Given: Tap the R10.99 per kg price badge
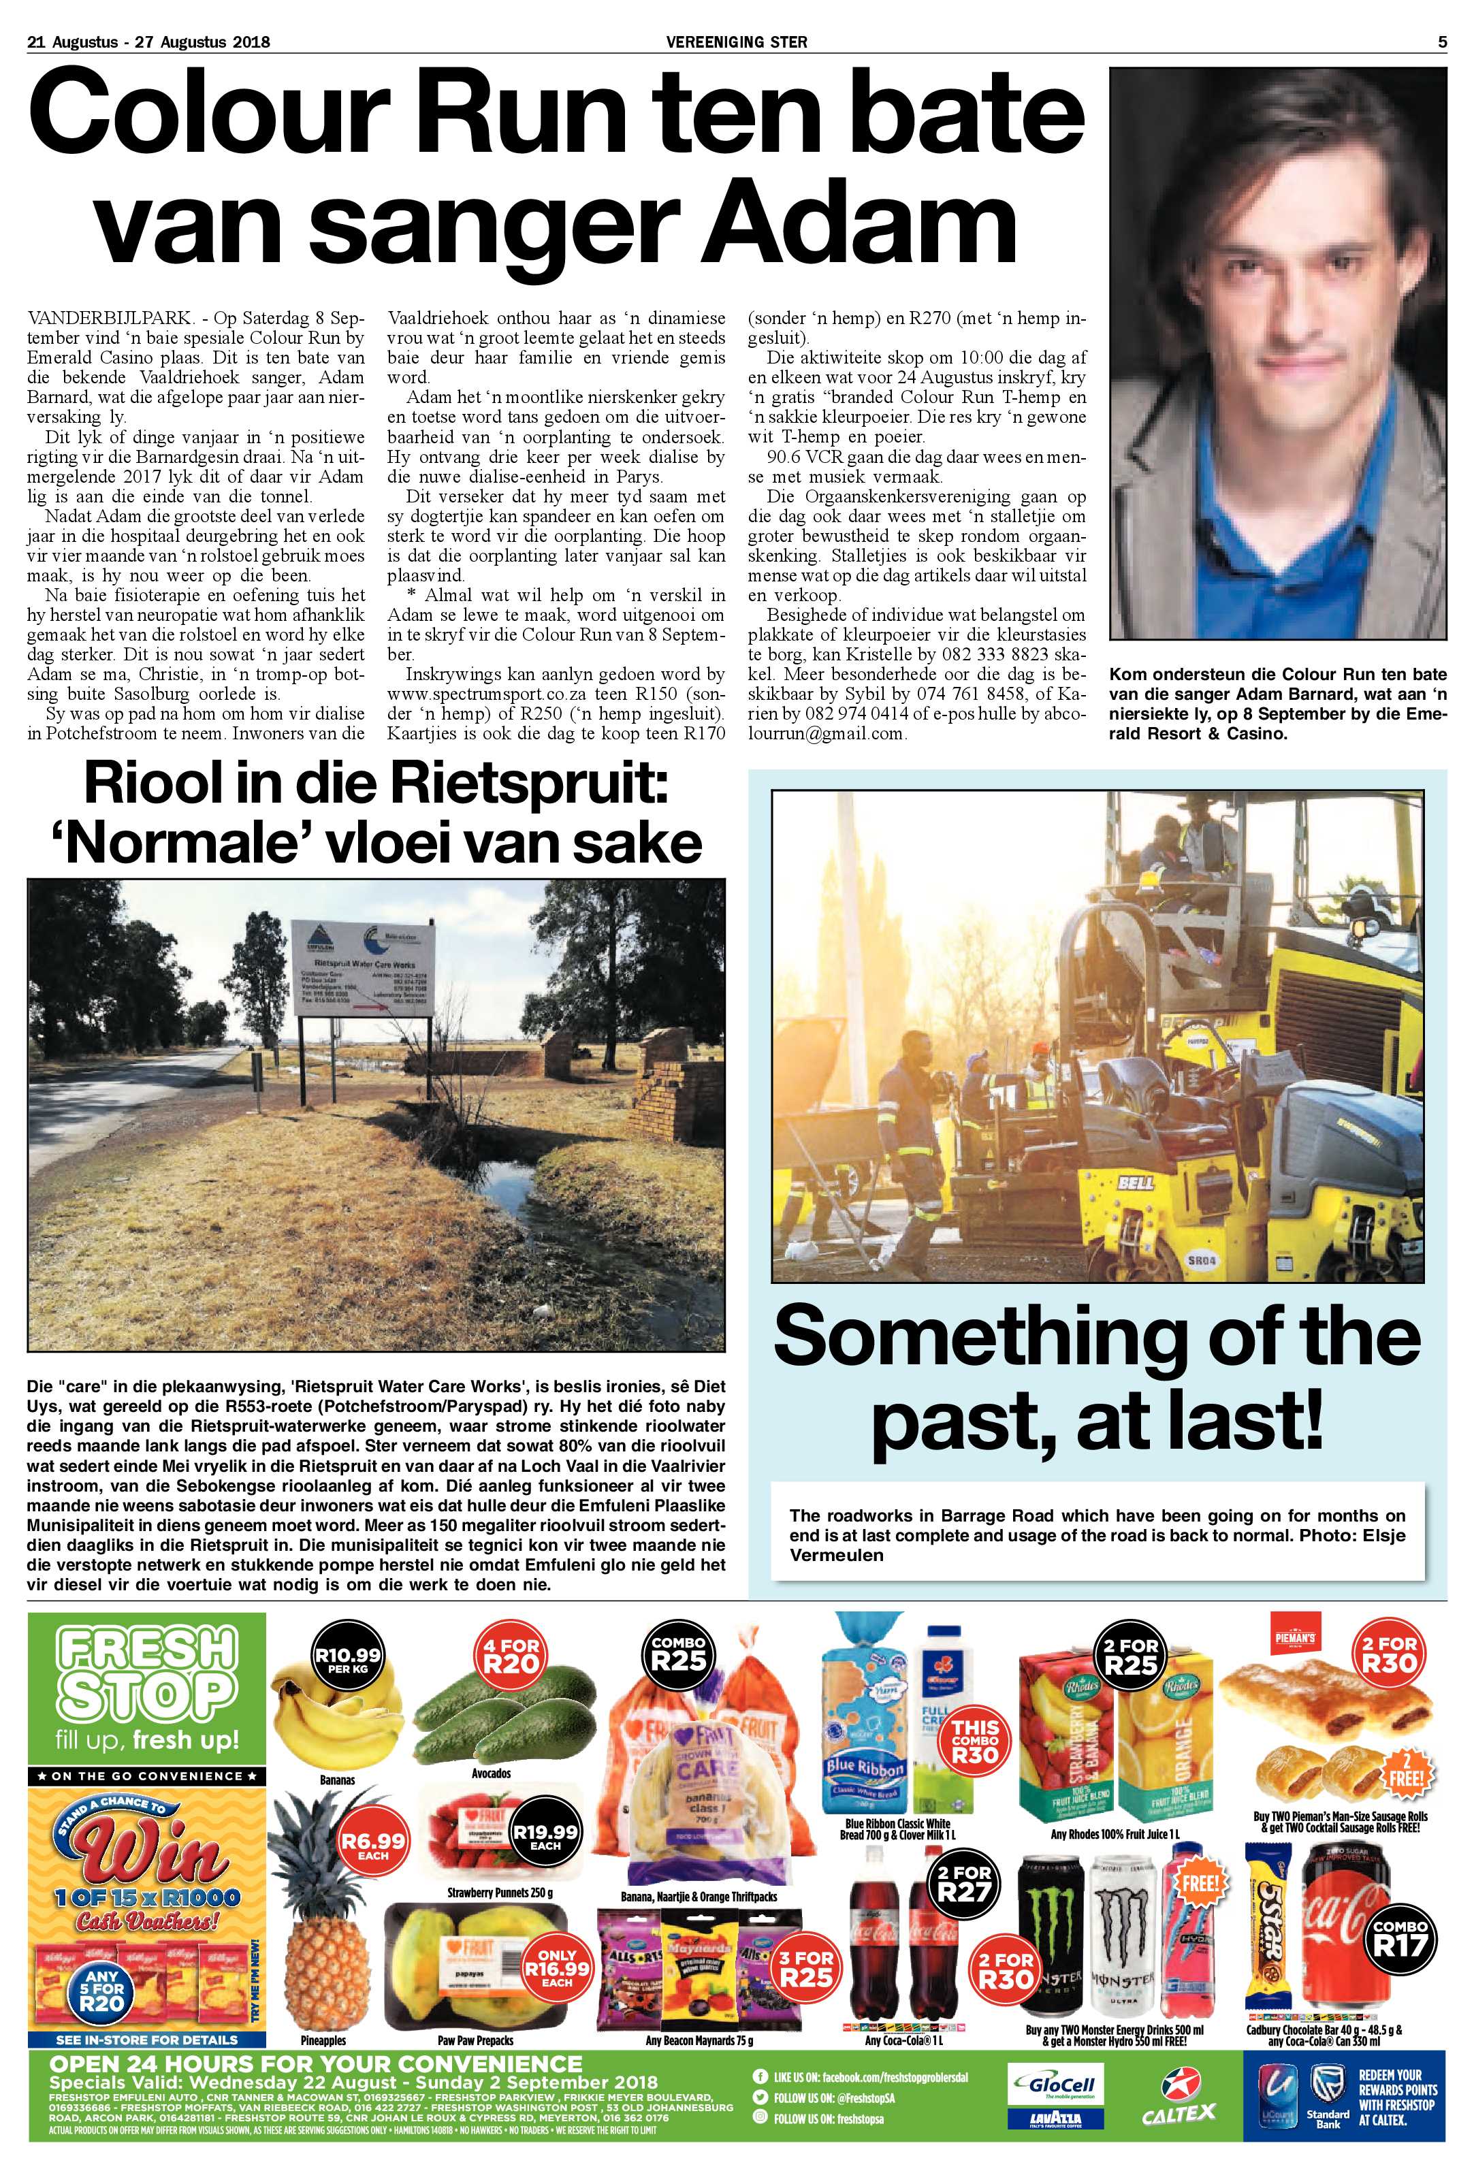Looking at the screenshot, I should click(347, 1660).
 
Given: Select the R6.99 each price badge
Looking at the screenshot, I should click(374, 1846).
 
